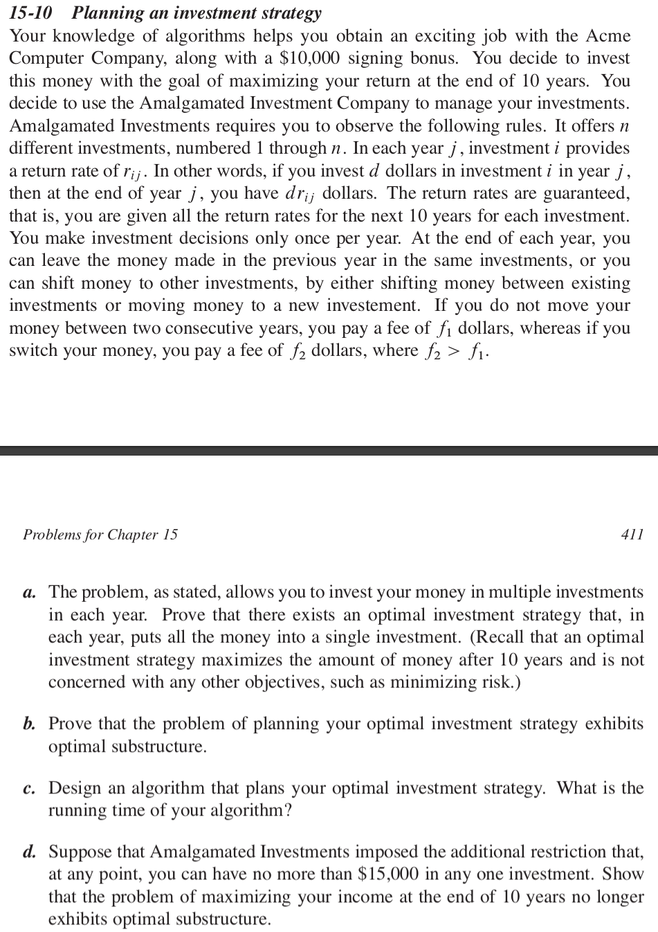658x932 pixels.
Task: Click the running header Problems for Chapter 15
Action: (x=100, y=535)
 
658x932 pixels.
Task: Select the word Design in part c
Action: (x=73, y=789)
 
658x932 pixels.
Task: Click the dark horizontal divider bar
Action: (x=329, y=451)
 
